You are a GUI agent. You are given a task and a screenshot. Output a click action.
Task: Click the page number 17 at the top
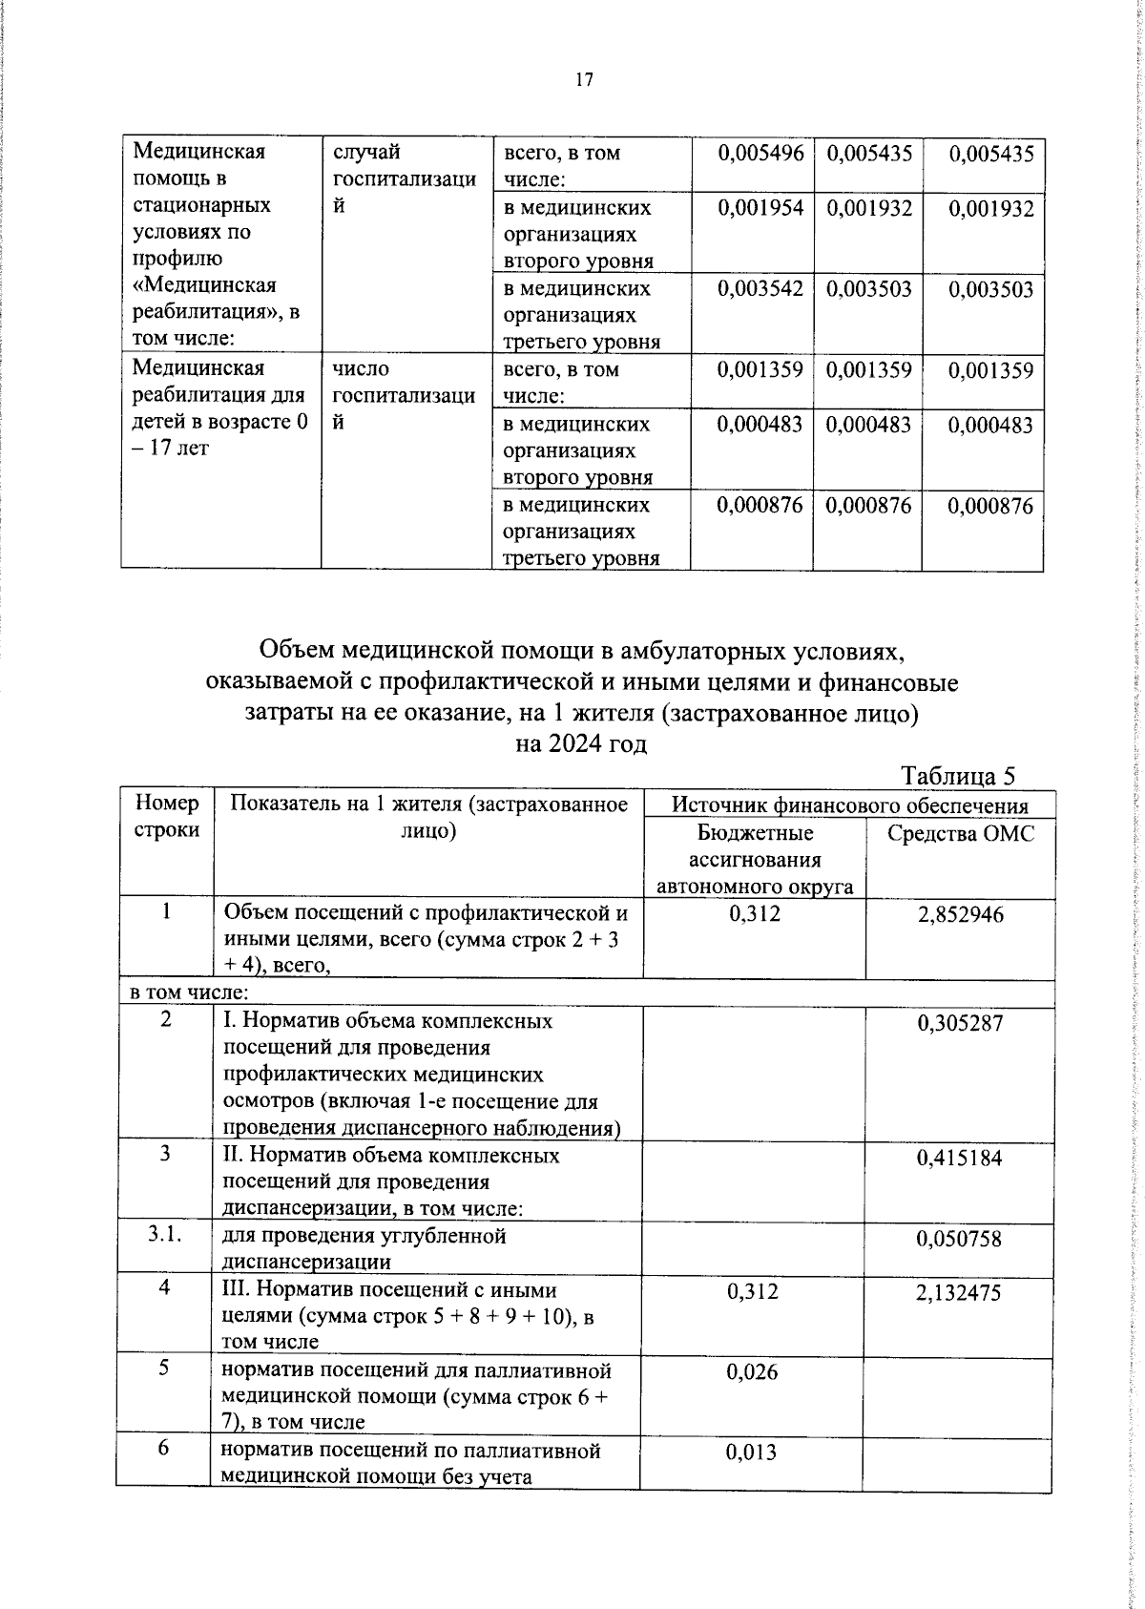point(584,80)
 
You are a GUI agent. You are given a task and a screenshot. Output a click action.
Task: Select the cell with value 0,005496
point(760,153)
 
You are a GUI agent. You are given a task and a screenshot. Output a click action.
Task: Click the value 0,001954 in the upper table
point(760,208)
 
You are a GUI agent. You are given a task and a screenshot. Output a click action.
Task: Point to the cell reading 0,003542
point(760,289)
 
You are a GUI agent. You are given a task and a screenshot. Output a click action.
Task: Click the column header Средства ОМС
point(960,833)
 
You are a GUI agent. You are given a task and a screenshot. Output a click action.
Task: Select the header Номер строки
point(167,817)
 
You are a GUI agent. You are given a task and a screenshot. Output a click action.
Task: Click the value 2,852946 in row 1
point(960,915)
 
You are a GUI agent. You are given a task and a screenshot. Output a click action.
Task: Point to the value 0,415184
point(960,1158)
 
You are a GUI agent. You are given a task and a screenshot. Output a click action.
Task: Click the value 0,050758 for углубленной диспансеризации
point(960,1239)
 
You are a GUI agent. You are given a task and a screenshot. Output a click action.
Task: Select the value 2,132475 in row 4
point(960,1293)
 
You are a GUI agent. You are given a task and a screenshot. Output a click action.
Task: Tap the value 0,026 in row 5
point(752,1372)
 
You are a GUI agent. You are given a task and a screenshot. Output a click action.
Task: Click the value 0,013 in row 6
point(752,1452)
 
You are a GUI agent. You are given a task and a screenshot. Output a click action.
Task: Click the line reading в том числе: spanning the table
point(177,993)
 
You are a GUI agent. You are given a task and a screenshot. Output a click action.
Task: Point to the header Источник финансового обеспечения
point(849,804)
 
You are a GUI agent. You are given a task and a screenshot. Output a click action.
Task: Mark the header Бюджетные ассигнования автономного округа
point(754,859)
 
